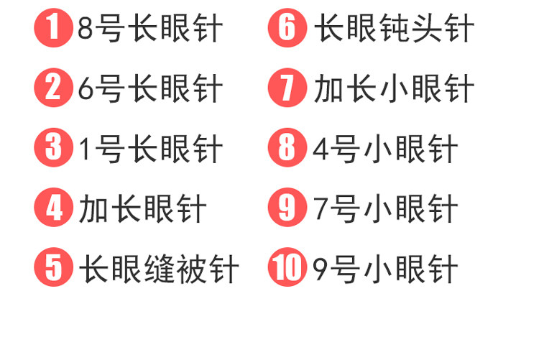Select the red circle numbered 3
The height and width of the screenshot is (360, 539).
[x=53, y=149]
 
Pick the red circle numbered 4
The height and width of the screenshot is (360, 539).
[x=53, y=208]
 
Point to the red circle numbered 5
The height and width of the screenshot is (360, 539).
[x=53, y=268]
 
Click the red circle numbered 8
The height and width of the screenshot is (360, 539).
[x=287, y=149]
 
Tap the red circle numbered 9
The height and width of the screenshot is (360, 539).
[x=287, y=208]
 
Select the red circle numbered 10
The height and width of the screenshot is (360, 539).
[x=287, y=268]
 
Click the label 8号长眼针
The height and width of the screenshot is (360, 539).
[x=150, y=30]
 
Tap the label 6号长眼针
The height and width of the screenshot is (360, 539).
[x=150, y=90]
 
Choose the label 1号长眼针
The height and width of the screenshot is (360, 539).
[x=150, y=149]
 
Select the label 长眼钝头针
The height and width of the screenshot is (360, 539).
[x=394, y=30]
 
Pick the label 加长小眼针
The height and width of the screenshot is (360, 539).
[x=394, y=90]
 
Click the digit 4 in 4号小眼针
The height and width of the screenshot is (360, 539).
[x=321, y=149]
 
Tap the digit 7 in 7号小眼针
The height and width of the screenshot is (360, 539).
[x=321, y=209]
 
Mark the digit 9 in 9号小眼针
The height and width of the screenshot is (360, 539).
[x=321, y=269]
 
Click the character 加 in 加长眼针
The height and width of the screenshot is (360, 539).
[x=93, y=209]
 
